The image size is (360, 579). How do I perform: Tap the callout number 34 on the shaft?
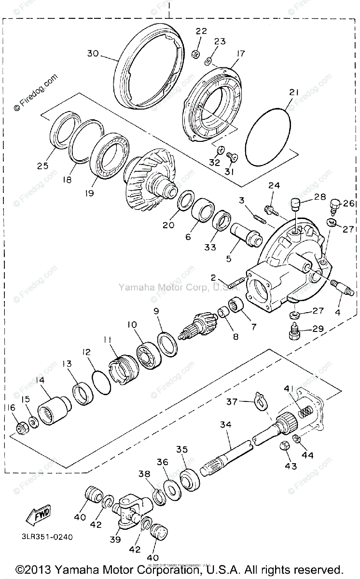point(226,425)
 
